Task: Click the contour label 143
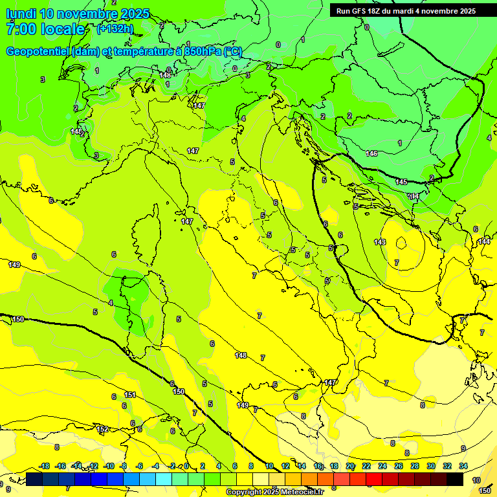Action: pos(380,242)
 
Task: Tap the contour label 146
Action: pos(371,153)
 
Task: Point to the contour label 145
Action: pos(401,182)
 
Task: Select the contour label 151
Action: pos(130,395)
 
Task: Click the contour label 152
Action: pos(102,429)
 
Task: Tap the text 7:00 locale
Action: pos(45,29)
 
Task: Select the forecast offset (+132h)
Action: pos(115,28)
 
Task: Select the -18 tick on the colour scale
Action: pos(44,466)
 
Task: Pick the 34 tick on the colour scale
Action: pos(463,466)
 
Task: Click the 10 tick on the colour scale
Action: pos(269,466)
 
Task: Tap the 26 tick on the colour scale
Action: pos(398,466)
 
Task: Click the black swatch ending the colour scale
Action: pos(455,480)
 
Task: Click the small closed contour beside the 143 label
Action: pos(401,244)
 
